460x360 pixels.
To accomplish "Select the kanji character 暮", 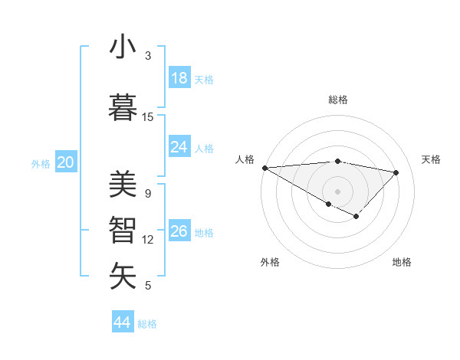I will [x=123, y=106].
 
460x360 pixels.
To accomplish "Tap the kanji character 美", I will [x=123, y=184].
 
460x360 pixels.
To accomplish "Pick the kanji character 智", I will [x=123, y=229].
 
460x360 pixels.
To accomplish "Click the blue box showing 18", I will [x=179, y=78].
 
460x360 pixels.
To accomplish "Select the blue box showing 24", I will [x=179, y=147].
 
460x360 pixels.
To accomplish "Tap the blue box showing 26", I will [x=179, y=231].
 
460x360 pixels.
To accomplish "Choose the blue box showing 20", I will [x=66, y=162].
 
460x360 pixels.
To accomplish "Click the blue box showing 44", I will [x=123, y=322].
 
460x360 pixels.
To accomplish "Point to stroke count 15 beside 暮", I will [x=148, y=116].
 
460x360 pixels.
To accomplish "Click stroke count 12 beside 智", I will [x=148, y=240].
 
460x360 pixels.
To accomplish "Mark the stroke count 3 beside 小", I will [x=148, y=56].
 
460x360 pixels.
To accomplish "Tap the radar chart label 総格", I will [x=337, y=100].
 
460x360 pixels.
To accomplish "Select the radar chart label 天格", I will [x=432, y=159].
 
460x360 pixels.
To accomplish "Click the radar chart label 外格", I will [x=270, y=262].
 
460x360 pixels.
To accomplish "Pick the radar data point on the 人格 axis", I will [x=264, y=168].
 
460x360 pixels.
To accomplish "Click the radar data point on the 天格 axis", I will [x=396, y=172].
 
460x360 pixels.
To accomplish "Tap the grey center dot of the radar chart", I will [x=337, y=191].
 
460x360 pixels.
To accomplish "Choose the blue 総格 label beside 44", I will [x=147, y=324].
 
